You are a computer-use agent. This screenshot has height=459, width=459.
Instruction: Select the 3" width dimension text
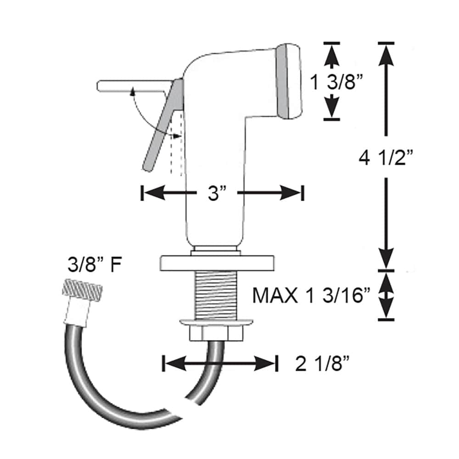214,193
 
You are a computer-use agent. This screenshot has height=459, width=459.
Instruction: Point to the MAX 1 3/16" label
312,296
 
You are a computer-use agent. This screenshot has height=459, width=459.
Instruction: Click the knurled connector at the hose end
82,291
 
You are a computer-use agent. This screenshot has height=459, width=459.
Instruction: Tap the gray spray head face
288,82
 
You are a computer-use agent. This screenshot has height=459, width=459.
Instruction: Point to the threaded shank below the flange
216,294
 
